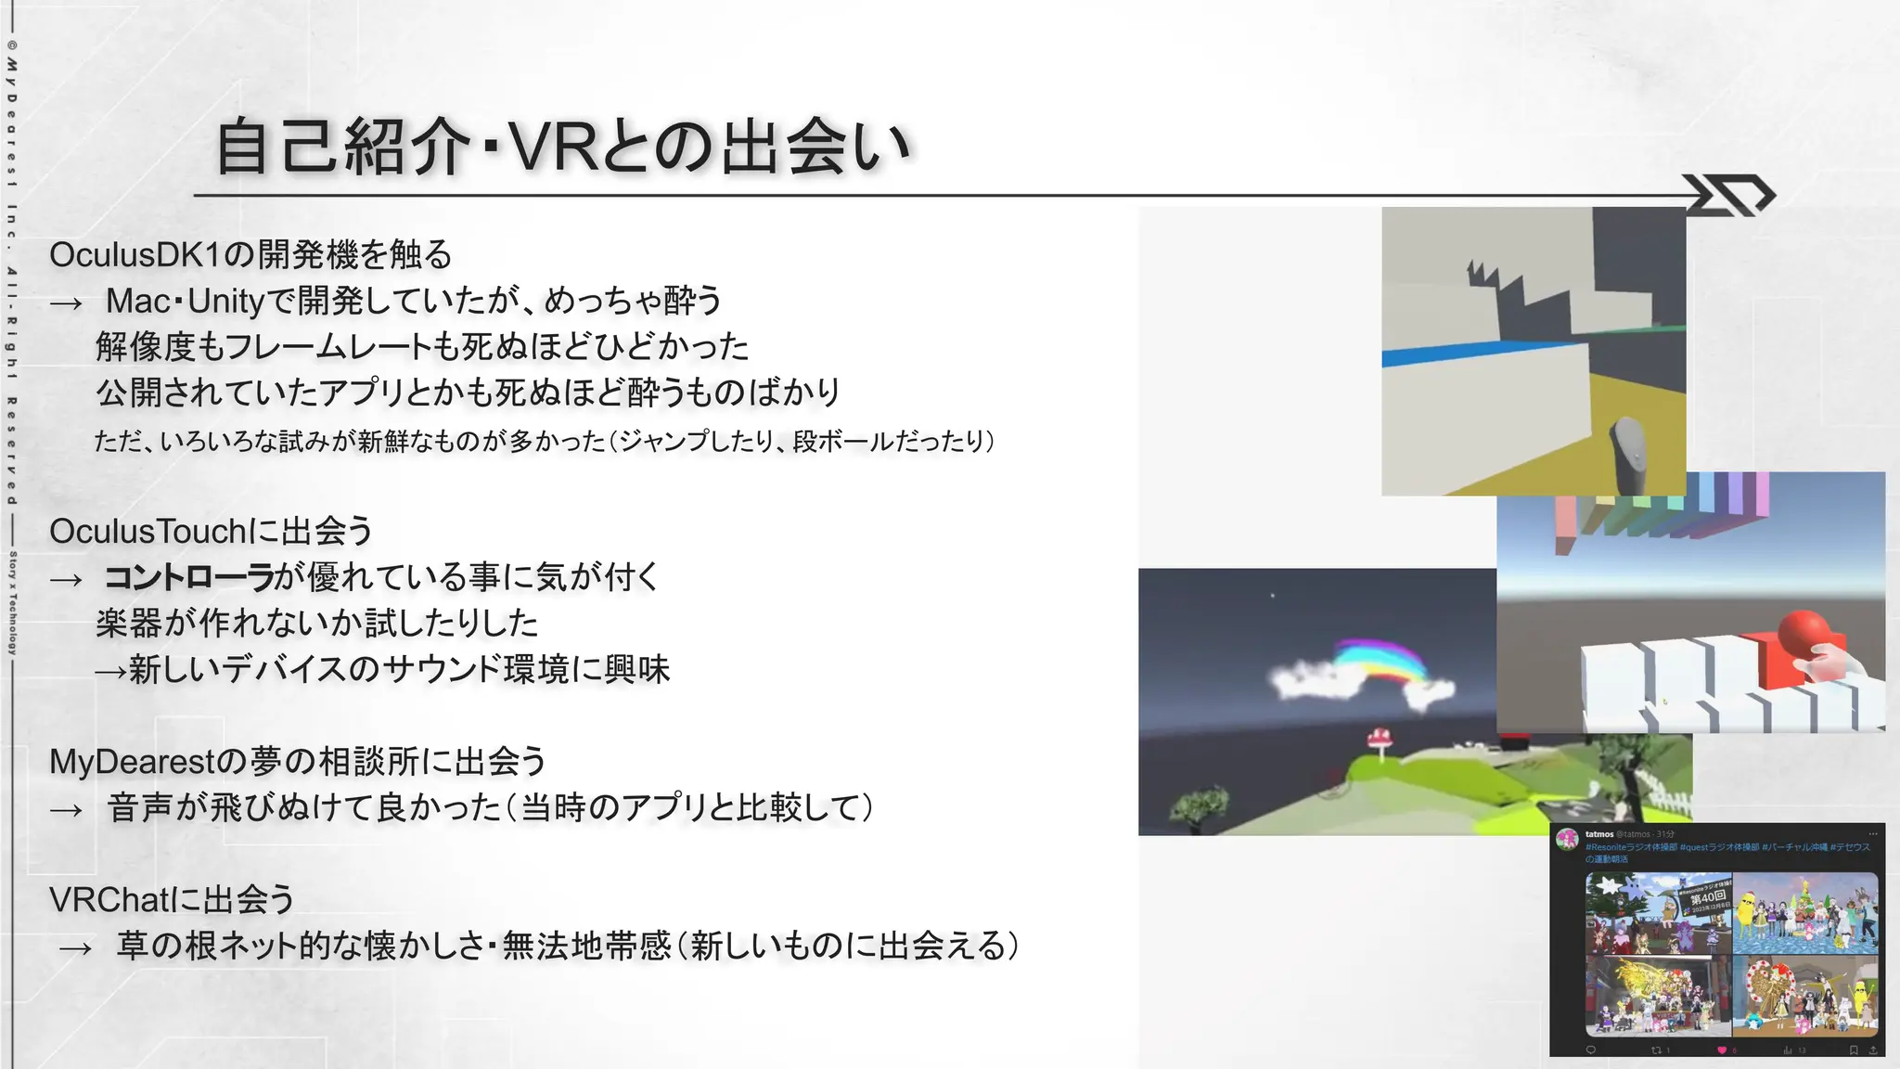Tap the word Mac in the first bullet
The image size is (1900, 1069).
(138, 302)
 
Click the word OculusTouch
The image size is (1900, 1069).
(148, 532)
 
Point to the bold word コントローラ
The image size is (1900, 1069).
(188, 577)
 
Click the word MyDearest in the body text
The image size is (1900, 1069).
(133, 762)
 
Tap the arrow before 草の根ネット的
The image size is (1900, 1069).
(75, 948)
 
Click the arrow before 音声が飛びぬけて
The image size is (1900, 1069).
(66, 810)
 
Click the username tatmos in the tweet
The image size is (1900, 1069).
(1599, 834)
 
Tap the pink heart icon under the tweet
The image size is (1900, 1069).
(1722, 1050)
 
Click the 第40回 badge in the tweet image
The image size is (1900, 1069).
(1708, 898)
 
